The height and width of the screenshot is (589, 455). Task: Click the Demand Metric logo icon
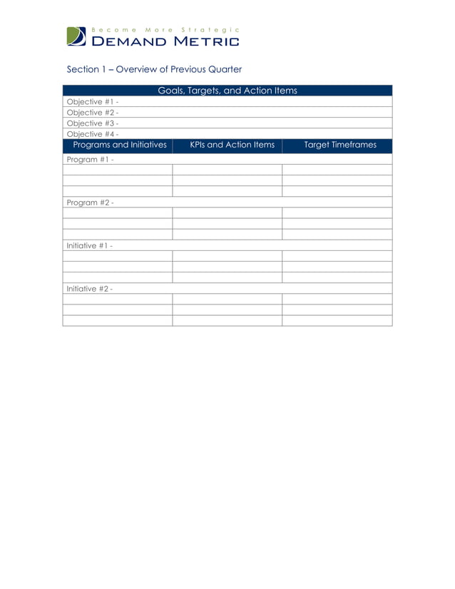tap(76, 36)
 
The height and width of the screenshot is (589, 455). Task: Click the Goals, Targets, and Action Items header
tap(227, 91)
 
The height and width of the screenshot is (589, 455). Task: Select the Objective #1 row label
tap(92, 101)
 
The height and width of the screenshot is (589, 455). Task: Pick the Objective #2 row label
tap(92, 112)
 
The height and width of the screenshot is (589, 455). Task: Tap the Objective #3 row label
tap(92, 123)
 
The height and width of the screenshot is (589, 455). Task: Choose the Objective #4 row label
tap(92, 133)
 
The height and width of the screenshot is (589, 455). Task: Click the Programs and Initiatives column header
tap(120, 145)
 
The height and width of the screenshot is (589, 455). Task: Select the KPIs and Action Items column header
tap(232, 145)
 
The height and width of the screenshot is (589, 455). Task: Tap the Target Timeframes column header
tap(340, 145)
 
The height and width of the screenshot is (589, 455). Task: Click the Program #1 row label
tap(89, 159)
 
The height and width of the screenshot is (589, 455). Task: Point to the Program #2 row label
tap(89, 203)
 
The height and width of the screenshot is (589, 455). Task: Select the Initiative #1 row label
tap(89, 245)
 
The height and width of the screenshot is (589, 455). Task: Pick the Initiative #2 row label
tap(89, 289)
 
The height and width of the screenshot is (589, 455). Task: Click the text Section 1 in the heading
tap(83, 69)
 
